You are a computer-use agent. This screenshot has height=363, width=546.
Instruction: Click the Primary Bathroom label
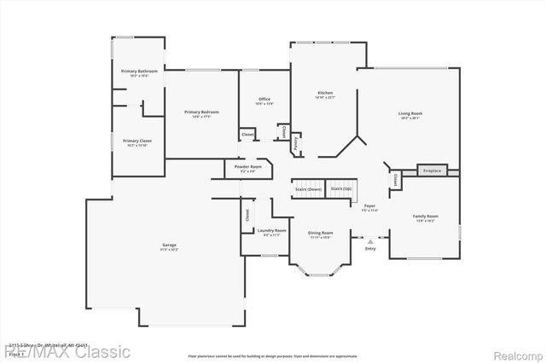[138, 72]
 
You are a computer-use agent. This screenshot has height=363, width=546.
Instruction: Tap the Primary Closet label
[137, 142]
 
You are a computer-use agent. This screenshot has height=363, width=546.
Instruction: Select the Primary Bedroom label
[201, 113]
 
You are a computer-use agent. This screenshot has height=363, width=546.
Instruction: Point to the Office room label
[264, 101]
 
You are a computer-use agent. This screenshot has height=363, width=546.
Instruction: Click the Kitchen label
[325, 94]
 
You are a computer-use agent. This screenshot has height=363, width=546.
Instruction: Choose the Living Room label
[410, 114]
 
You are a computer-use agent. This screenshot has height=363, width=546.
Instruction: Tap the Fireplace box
[433, 170]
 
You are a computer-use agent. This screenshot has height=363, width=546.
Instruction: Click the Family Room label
[425, 217]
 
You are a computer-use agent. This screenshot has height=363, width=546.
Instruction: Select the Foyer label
[369, 207]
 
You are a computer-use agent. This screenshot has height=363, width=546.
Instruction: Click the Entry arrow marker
[369, 241]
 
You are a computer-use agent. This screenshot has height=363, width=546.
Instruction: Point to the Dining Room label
[321, 233]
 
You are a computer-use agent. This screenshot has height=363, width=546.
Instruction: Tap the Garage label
[170, 246]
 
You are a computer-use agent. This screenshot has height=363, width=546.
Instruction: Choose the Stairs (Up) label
[341, 189]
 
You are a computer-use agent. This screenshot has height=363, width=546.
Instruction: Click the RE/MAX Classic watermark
[67, 351]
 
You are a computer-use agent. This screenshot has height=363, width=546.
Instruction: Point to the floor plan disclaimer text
[273, 355]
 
